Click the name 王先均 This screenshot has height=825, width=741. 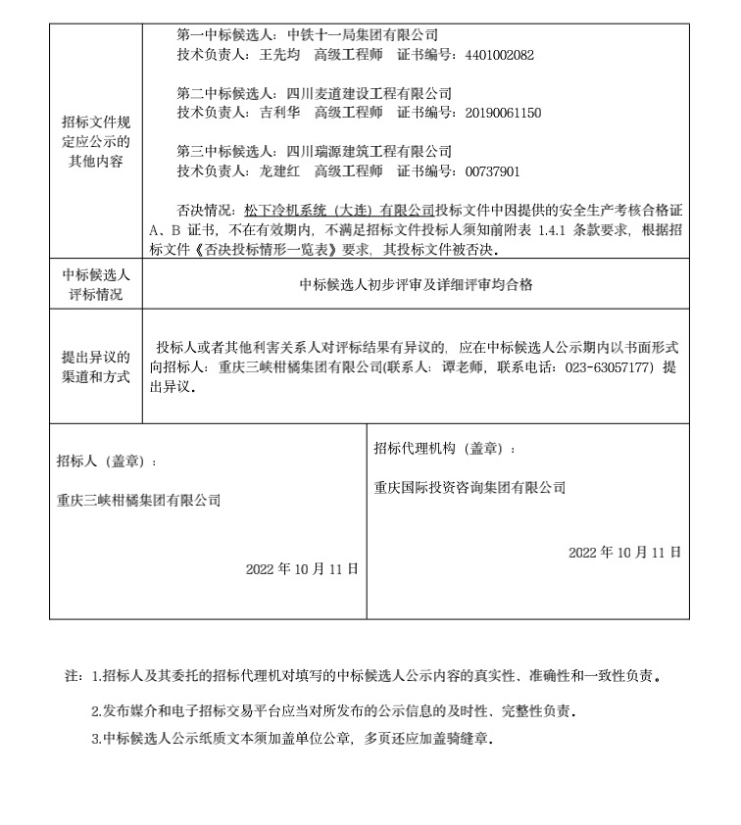(x=277, y=55)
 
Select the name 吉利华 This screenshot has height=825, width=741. (x=277, y=113)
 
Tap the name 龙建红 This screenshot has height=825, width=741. (x=277, y=171)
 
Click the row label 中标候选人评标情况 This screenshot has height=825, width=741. (x=96, y=284)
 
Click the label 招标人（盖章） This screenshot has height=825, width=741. (x=106, y=461)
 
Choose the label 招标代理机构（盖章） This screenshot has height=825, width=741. (x=444, y=448)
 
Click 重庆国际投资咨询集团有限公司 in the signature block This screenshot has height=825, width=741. (x=469, y=487)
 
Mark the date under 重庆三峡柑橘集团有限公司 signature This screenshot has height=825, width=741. (x=302, y=568)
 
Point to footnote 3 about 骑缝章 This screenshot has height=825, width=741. (x=291, y=739)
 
